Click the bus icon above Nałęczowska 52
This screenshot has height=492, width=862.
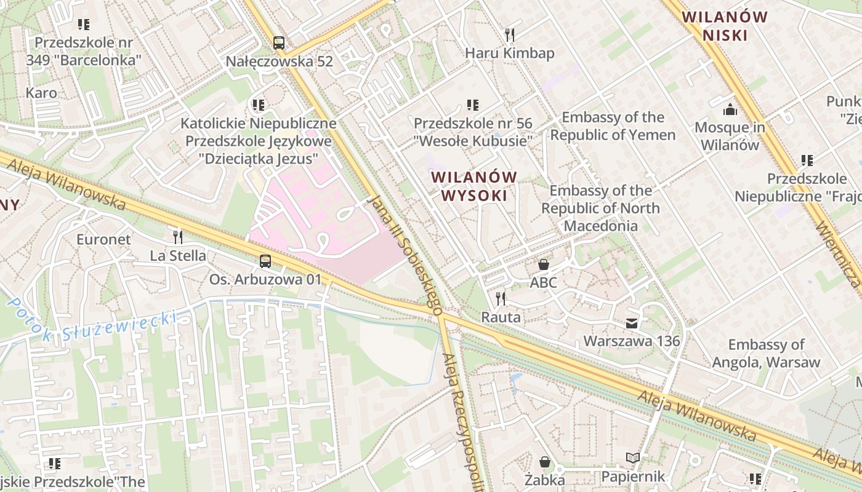pos(279,43)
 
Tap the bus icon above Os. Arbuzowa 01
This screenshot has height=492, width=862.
pos(265,261)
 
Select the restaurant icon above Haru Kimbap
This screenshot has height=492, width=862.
pos(509,34)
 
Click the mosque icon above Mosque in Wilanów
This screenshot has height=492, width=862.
pos(730,109)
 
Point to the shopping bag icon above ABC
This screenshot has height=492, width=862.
pos(544,265)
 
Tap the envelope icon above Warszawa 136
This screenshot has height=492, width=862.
pos(632,323)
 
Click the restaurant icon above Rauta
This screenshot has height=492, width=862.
pos(501,300)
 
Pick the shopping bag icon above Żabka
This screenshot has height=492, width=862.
pos(545,462)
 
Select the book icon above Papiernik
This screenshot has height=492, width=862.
pos(633,458)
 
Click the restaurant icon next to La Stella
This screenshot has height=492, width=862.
pos(178,237)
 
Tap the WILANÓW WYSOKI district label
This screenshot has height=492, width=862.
pos(474,186)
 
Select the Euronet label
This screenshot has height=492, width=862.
pos(103,239)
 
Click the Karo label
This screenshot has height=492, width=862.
pos(41,93)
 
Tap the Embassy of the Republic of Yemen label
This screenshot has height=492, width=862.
pos(613,126)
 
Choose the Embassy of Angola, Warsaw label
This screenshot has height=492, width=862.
pos(766,354)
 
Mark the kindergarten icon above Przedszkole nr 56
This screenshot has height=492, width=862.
pos(472,105)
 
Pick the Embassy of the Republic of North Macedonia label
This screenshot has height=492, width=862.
pos(600,208)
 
